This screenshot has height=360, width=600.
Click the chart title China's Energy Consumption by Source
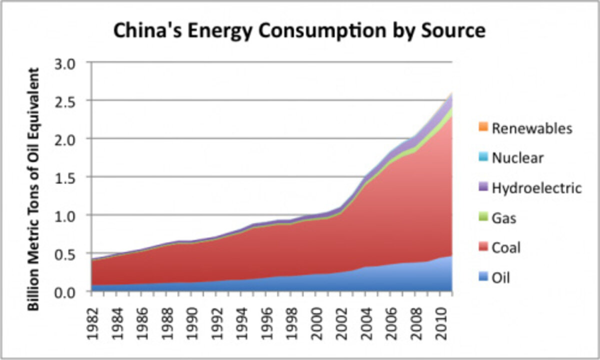(299, 31)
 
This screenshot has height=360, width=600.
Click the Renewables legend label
(531, 128)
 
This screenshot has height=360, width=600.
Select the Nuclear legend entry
(517, 158)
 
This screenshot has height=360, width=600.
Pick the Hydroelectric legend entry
(536, 188)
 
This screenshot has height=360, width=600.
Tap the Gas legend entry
(504, 218)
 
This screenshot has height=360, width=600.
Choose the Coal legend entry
(506, 248)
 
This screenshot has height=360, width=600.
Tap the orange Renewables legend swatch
(482, 128)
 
